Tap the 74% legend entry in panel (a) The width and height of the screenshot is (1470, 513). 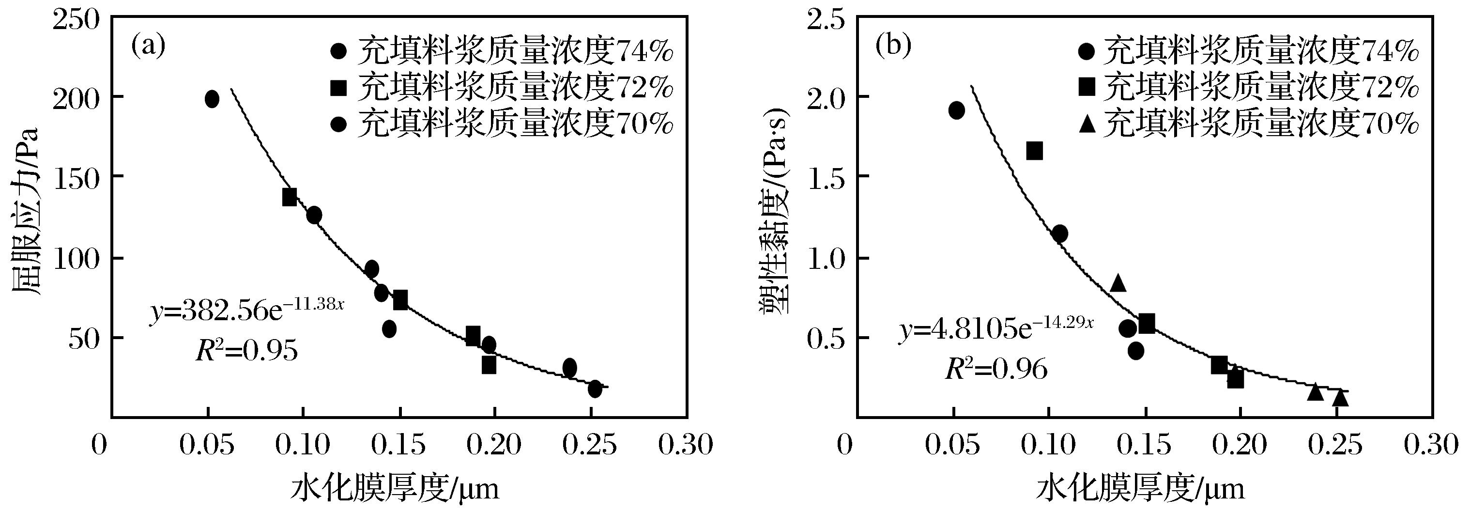click(502, 51)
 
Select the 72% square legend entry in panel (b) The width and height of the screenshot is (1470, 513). click(1247, 87)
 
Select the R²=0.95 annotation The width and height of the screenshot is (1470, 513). click(246, 350)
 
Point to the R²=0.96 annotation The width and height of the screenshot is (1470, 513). click(996, 369)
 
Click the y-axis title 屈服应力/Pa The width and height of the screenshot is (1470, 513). click(26, 211)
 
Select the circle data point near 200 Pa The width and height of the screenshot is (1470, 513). click(212, 99)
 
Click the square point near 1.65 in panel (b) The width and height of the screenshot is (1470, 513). click(1035, 151)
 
